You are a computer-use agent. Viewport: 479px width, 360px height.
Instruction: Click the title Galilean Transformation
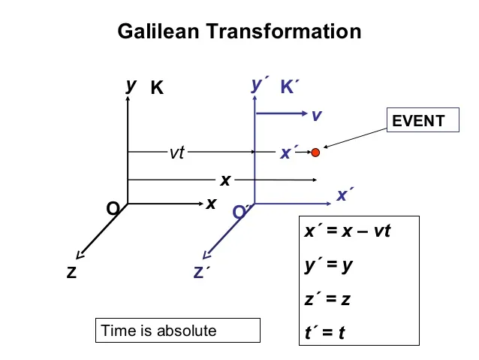(239, 32)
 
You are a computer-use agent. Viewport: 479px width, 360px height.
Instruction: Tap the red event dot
(315, 152)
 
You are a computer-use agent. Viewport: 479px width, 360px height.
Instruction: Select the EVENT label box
(423, 121)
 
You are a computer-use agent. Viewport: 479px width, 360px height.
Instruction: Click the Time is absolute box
(178, 331)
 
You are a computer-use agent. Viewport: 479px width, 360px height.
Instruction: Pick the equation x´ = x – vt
(348, 231)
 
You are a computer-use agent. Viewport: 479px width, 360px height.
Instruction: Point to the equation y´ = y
(329, 265)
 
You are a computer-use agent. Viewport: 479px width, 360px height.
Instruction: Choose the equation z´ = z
(329, 298)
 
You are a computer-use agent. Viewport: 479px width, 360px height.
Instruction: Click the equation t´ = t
(325, 331)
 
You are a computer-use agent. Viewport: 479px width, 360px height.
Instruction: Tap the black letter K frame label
(157, 88)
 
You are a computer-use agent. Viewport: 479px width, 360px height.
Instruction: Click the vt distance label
(176, 153)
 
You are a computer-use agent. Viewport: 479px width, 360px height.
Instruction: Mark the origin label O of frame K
(113, 208)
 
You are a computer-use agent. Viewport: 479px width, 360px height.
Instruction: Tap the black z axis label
(71, 273)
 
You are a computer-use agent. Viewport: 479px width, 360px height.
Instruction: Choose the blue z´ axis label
(200, 273)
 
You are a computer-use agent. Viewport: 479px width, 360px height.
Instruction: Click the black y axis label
(131, 85)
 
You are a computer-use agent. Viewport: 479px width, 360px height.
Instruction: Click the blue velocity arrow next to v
(281, 114)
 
